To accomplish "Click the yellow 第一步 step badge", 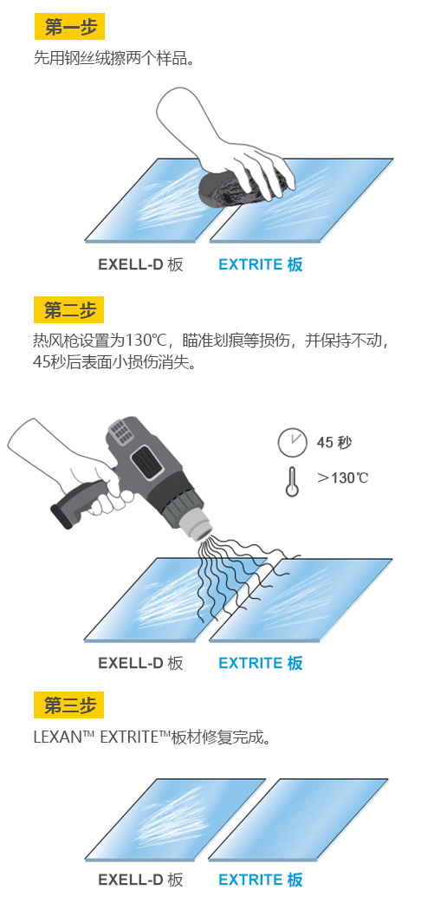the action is click(69, 27).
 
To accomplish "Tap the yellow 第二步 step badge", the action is click(69, 310).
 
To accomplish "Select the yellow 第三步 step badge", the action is click(69, 705).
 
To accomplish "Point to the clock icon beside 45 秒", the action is click(292, 442).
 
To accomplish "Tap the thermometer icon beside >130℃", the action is click(292, 481).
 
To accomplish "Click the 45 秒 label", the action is click(334, 442).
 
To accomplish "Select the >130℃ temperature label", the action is click(343, 477).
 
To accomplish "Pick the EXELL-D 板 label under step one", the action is click(140, 264).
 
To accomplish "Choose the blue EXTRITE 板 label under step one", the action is click(261, 264).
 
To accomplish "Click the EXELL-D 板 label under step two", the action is click(140, 663).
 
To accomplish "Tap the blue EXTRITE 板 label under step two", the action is click(261, 663).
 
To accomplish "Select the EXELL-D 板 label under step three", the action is click(140, 880).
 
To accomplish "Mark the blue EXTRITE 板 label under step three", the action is click(261, 880).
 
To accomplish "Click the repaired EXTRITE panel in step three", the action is click(298, 820).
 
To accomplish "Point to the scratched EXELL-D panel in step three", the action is click(175, 820).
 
